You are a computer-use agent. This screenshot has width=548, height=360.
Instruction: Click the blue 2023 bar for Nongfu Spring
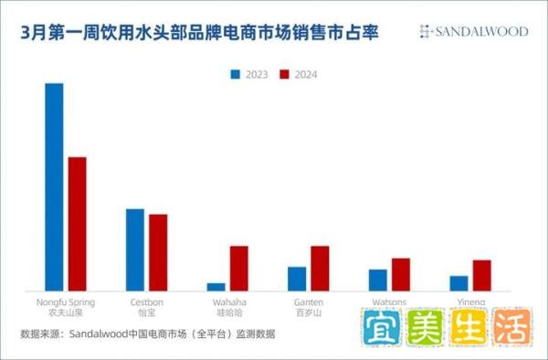click(54, 186)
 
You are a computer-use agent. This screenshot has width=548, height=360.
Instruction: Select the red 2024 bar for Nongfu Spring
click(77, 224)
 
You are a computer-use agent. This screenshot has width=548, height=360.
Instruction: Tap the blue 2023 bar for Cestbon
click(135, 249)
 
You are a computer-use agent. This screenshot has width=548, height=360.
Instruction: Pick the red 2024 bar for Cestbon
click(158, 252)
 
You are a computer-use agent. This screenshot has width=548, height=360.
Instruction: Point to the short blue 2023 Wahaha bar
click(216, 287)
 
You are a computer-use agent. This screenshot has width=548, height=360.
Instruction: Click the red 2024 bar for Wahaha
click(238, 268)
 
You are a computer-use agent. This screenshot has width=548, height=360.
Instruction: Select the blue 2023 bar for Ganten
click(297, 279)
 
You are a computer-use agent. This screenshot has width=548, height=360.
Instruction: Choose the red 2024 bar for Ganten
click(320, 268)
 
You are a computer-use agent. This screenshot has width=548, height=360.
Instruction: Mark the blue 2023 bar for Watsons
click(378, 280)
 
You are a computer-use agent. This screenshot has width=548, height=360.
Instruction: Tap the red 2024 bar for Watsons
click(401, 274)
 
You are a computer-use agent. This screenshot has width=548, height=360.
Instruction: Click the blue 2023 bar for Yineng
click(458, 283)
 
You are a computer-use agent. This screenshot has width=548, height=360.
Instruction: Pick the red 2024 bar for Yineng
click(481, 275)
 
